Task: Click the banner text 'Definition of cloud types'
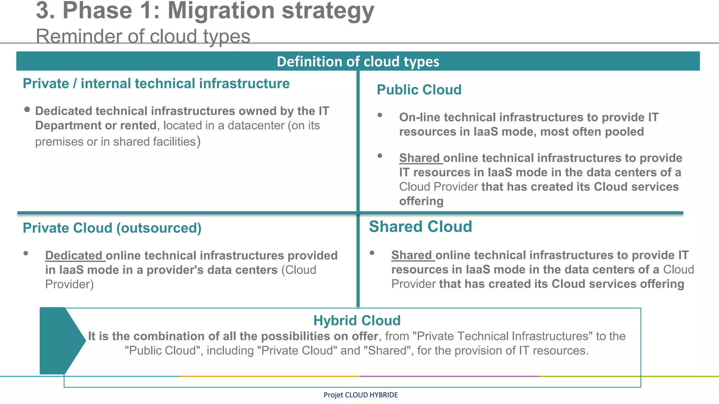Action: pos(358,61)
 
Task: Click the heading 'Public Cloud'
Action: pos(419,90)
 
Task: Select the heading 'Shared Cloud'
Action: pos(420,227)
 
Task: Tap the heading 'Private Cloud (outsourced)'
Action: pos(112,228)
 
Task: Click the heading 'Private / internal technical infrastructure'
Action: pos(156,83)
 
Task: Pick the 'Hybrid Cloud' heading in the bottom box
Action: pos(357,320)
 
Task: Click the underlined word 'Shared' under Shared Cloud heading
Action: pos(411,255)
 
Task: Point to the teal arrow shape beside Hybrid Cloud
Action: pos(60,340)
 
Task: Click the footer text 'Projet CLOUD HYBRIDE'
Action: pos(361,395)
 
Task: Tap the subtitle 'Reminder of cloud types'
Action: pos(143,36)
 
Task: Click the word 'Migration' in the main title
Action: pos(221,11)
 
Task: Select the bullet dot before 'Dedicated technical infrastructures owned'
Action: pos(27,109)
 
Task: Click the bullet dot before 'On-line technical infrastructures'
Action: pos(380,115)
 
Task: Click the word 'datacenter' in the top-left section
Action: pos(256,126)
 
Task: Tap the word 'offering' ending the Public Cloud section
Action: pos(421,201)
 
